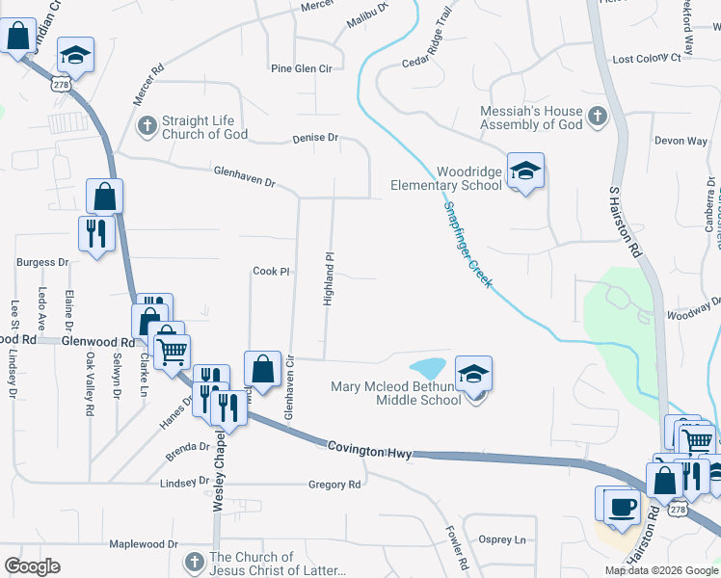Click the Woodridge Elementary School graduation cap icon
tap(525, 171)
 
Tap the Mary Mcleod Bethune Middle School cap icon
tap(473, 374)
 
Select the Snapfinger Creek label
tap(467, 245)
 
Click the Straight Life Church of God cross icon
tap(147, 125)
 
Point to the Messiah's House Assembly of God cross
tap(597, 118)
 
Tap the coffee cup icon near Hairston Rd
tap(623, 507)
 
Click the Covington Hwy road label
tap(369, 448)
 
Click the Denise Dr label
tap(315, 139)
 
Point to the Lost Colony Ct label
tap(647, 59)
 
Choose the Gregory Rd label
tap(334, 485)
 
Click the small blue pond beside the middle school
tap(427, 368)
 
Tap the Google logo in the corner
tap(32, 566)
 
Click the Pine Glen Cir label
tap(301, 69)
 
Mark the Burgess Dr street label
tap(42, 262)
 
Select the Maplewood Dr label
tap(145, 544)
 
